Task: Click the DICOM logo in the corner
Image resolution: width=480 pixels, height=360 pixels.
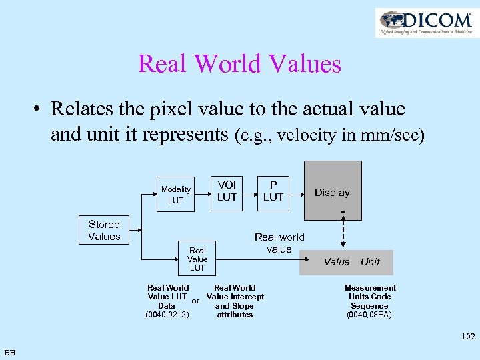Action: point(426,22)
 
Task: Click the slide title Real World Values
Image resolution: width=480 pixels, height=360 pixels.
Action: point(239,64)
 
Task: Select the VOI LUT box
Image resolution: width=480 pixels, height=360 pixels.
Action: point(227,191)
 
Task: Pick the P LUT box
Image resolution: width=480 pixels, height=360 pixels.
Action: point(273,191)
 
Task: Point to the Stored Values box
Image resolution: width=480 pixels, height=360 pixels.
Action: point(104,231)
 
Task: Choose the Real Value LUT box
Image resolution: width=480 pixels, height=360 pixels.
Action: point(197,259)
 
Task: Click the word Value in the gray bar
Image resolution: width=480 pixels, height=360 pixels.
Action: point(337,262)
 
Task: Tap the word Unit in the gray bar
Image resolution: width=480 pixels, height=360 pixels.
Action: point(370,262)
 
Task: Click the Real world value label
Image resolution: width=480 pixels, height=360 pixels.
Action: point(279,243)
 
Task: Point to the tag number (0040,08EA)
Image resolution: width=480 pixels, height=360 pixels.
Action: point(369,315)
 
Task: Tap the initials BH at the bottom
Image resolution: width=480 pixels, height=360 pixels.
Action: point(10,352)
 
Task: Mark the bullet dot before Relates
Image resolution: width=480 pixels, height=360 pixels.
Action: point(38,109)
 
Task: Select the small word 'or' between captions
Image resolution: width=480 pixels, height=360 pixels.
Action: point(196,301)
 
